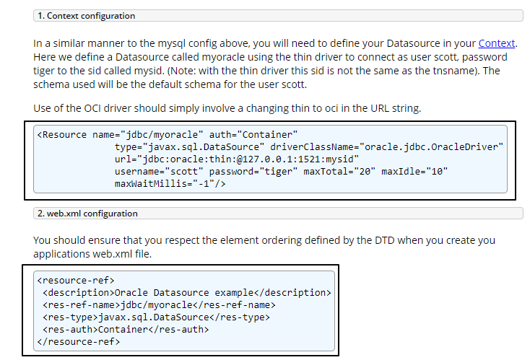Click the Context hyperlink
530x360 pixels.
pos(498,43)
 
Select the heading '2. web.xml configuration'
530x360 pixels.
pos(87,214)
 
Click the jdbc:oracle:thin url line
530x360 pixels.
pos(237,159)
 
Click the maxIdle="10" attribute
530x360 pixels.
pos(414,172)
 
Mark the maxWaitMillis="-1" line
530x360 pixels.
pos(170,184)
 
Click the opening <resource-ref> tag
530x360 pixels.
pos(76,280)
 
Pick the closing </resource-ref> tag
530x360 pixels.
pos(79,341)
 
